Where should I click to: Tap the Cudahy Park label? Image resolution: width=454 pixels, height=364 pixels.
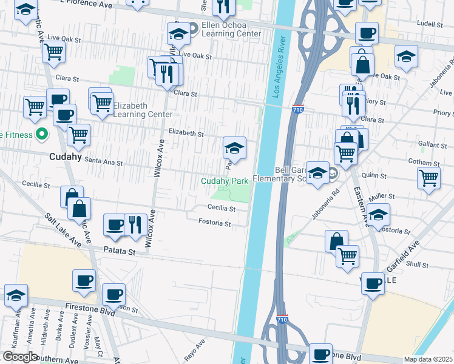(225, 181)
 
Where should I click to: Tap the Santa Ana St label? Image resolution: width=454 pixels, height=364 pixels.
(103, 163)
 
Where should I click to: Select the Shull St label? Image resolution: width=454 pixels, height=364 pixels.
(418, 265)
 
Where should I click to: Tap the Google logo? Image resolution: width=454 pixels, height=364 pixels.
(20, 357)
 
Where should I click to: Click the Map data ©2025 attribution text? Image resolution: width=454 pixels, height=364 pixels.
(428, 359)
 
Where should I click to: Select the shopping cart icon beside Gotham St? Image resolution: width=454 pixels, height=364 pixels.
(429, 178)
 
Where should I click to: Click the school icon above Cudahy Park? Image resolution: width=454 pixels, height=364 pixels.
(234, 147)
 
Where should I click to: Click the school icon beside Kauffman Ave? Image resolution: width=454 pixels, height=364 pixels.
(16, 295)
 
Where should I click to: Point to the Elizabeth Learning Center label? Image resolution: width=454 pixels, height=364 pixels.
(130, 110)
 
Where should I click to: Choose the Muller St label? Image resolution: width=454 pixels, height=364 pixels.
(382, 197)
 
